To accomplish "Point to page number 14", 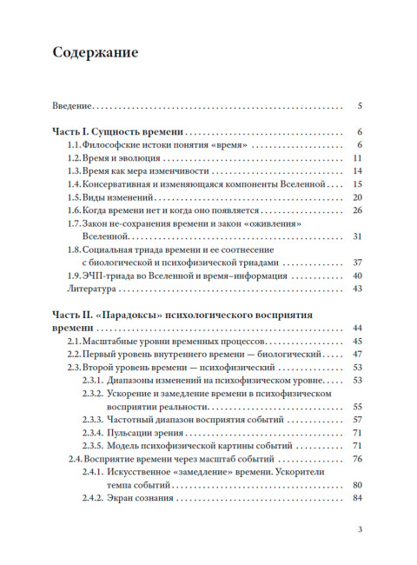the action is pos(357,171).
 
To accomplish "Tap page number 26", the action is pos(357,210).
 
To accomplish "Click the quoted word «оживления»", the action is pos(279,223).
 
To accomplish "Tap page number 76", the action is pos(357,458).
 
